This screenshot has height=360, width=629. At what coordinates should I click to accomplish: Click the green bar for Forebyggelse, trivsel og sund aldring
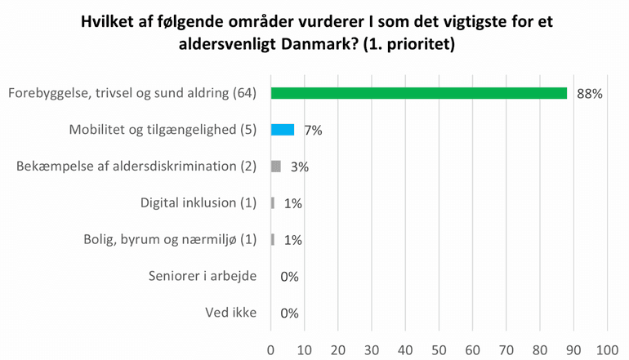[x=418, y=93]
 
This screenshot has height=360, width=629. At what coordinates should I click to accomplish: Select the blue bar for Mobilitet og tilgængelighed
[x=282, y=129]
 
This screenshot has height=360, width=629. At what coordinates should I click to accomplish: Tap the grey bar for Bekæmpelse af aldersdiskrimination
[x=275, y=166]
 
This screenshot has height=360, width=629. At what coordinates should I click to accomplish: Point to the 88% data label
[x=589, y=94]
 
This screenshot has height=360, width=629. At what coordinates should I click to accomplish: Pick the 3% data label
[x=299, y=167]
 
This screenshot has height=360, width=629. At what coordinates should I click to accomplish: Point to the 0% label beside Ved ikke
[x=289, y=313]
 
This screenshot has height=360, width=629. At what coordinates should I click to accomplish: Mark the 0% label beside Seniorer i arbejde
[x=289, y=277]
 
